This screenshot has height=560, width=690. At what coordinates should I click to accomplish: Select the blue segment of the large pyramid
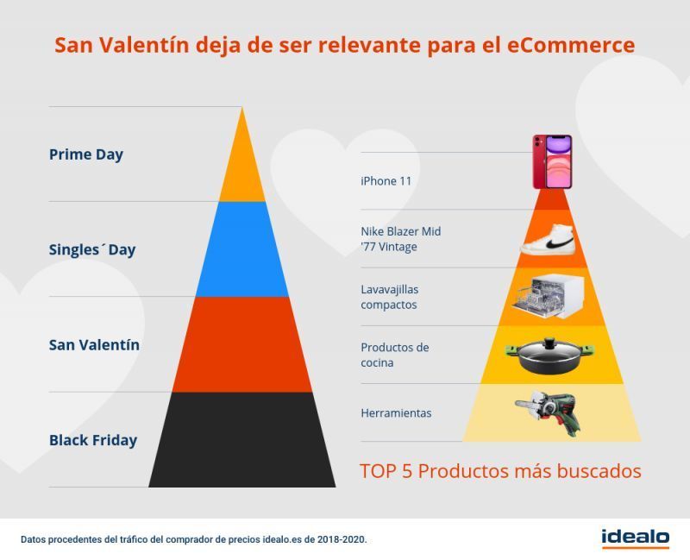click(x=242, y=249)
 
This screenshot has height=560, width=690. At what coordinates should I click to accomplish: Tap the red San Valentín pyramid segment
click(x=242, y=344)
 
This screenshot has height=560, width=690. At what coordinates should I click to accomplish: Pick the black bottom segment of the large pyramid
click(x=242, y=439)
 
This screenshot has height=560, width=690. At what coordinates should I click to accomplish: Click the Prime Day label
click(x=86, y=155)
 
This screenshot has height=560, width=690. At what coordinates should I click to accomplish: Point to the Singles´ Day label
click(x=92, y=250)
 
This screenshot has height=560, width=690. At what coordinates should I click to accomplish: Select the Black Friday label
click(x=93, y=440)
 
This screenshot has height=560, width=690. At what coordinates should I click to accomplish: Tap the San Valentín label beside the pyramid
click(x=94, y=345)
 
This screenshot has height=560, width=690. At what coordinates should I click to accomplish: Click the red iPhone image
click(x=552, y=161)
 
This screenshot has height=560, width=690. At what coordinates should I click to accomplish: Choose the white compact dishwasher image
click(x=548, y=297)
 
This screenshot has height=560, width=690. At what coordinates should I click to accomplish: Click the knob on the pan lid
click(x=549, y=343)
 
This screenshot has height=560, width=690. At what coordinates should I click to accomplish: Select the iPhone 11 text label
click(x=386, y=181)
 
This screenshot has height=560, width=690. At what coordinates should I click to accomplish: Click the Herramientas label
click(x=396, y=413)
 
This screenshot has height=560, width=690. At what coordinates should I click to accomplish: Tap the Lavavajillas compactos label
click(x=390, y=297)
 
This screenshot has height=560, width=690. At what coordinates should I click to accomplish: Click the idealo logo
click(x=636, y=538)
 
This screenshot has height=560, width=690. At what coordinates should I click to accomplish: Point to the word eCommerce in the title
click(x=571, y=45)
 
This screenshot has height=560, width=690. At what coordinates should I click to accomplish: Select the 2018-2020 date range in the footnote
click(x=341, y=539)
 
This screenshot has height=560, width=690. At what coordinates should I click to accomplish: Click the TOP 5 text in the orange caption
click(x=386, y=471)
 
